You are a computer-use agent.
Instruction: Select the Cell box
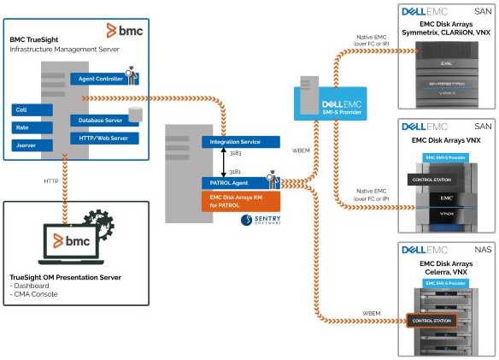[32, 109]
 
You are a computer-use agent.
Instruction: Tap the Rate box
[32, 127]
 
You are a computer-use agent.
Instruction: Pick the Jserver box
[32, 145]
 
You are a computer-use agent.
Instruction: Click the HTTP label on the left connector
[51, 180]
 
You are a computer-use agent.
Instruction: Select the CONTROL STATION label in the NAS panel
[431, 322]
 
